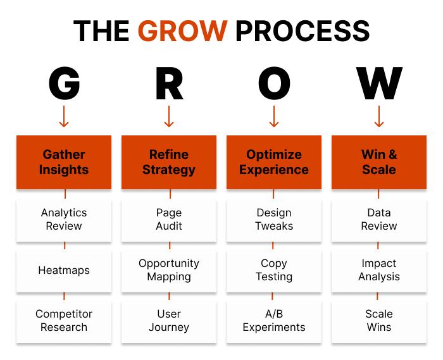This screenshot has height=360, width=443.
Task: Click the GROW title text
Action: [182, 31]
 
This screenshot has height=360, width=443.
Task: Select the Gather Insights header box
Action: [64, 162]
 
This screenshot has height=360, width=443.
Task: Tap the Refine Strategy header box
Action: [169, 162]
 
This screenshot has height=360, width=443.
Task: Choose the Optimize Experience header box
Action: [274, 162]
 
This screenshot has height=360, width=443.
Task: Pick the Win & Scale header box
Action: [379, 162]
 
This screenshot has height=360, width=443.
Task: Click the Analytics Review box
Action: [64, 220]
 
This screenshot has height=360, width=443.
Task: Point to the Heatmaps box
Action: [64, 270]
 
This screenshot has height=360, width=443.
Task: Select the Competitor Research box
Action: [64, 321]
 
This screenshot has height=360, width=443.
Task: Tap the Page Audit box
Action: [169, 220]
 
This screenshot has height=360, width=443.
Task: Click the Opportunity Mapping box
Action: [169, 270]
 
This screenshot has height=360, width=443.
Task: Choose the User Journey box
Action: [169, 321]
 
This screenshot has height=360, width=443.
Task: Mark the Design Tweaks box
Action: [274, 220]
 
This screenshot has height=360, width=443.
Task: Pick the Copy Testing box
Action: [274, 270]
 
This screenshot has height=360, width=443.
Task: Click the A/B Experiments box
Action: [274, 321]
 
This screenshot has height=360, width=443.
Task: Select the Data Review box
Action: [379, 220]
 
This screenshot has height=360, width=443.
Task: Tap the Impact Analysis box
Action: [379, 270]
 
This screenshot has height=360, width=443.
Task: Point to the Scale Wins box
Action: [379, 321]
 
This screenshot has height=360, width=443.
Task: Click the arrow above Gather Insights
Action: [64, 116]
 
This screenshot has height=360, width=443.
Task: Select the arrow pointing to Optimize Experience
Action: [274, 116]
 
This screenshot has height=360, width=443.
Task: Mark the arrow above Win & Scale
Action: [379, 116]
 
